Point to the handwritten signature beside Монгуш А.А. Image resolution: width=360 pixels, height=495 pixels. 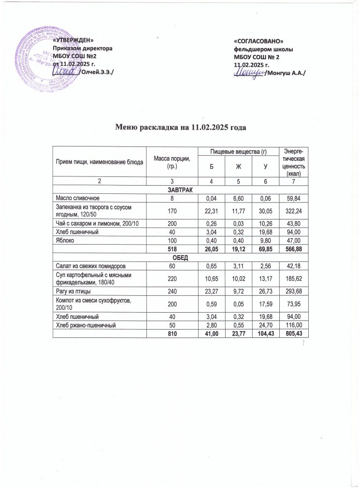point(248,73)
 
